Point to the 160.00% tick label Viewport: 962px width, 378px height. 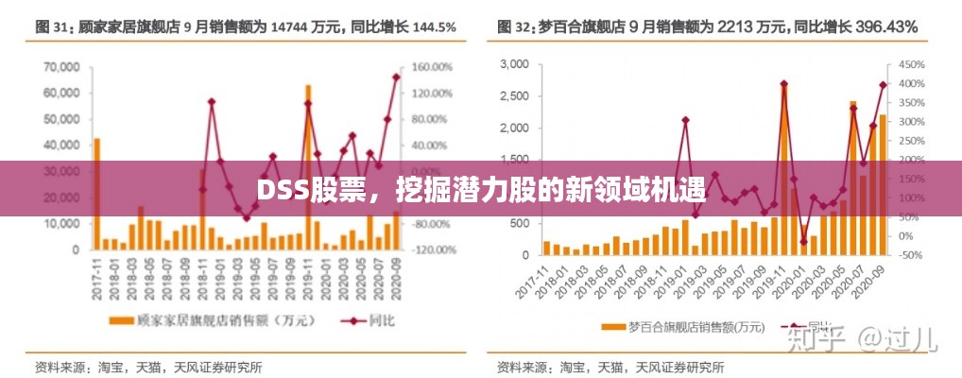pyautogui.click(x=434, y=67)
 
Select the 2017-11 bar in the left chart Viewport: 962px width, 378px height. pyautogui.click(x=96, y=194)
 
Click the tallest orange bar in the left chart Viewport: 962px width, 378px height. pyautogui.click(x=308, y=167)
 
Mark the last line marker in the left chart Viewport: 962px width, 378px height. pyautogui.click(x=396, y=77)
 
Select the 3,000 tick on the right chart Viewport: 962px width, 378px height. pyautogui.click(x=514, y=64)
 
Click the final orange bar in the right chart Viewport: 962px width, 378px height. pyautogui.click(x=883, y=185)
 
